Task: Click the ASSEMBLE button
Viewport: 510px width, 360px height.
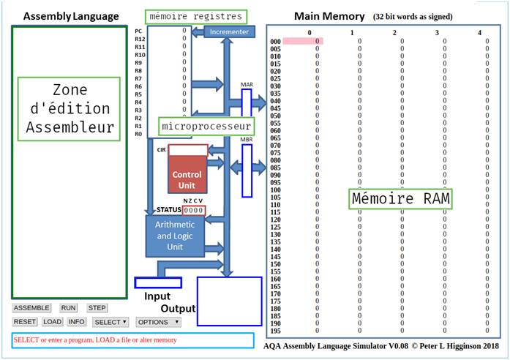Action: (x=31, y=308)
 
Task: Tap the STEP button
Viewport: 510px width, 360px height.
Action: (x=97, y=308)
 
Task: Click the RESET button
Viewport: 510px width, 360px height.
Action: (x=25, y=322)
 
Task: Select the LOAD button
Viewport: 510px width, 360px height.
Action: (x=53, y=322)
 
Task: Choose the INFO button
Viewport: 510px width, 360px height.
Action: (x=77, y=322)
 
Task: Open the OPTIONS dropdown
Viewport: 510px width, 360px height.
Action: (x=157, y=322)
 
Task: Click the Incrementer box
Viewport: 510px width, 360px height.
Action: (x=229, y=32)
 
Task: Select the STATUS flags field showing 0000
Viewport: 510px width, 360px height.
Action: (x=194, y=211)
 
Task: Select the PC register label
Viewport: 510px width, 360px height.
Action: (x=139, y=31)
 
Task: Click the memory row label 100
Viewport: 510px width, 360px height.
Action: (x=275, y=190)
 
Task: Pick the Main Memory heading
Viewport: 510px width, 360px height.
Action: (x=329, y=16)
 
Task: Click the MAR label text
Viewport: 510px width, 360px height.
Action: (x=247, y=85)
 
